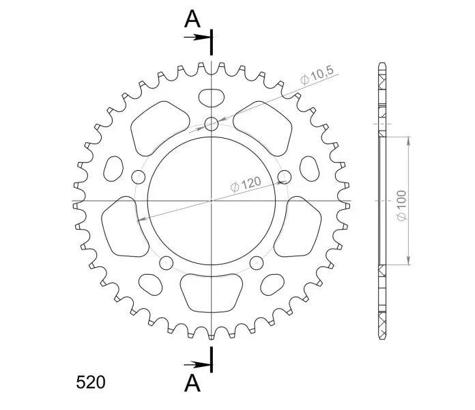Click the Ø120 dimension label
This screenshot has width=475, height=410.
pyautogui.click(x=246, y=184)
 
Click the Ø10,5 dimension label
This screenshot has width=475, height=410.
pyautogui.click(x=317, y=75)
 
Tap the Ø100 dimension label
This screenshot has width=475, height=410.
pyautogui.click(x=401, y=206)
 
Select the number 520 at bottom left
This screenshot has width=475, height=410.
pyautogui.click(x=91, y=382)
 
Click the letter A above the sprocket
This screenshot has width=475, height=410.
pyautogui.click(x=192, y=19)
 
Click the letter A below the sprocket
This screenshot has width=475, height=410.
pyautogui.click(x=192, y=383)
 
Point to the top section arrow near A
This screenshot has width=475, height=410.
pyautogui.click(x=197, y=38)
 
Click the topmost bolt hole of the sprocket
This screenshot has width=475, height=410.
pyautogui.click(x=212, y=124)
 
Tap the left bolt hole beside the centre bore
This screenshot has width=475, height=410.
pyautogui.click(x=139, y=177)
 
